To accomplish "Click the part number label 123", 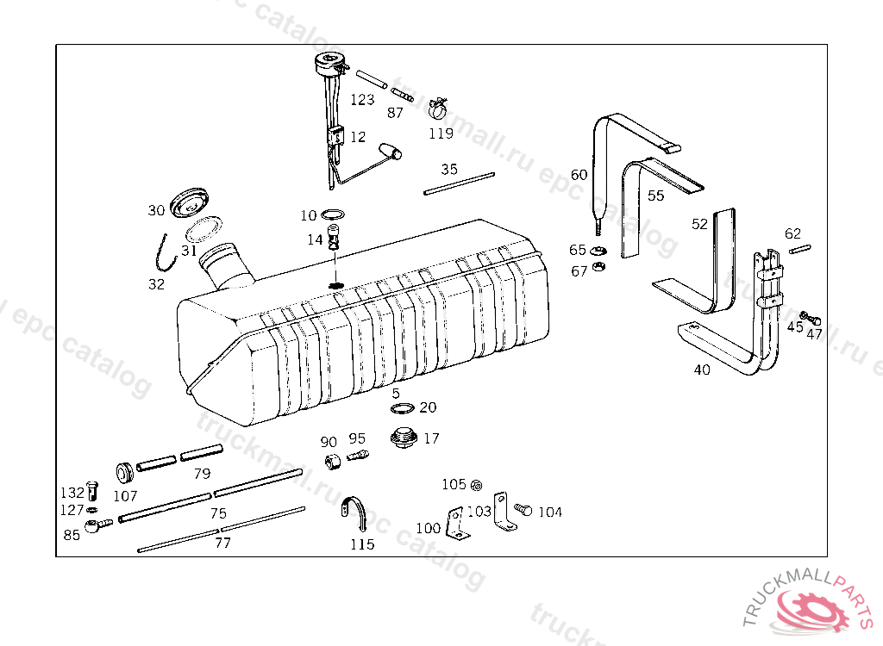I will (x=362, y=99).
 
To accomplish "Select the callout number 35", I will (x=448, y=170).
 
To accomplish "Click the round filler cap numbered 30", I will (x=187, y=203).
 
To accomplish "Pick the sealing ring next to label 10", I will (x=334, y=214).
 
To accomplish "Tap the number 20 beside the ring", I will (x=428, y=407).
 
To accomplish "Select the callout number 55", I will (x=655, y=196).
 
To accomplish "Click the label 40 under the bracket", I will (x=702, y=370).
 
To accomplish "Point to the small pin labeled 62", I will (x=798, y=250).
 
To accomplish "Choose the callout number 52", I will (x=698, y=223).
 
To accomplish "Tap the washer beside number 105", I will (x=477, y=485).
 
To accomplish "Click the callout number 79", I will (x=202, y=473).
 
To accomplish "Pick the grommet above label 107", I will (x=125, y=473).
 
